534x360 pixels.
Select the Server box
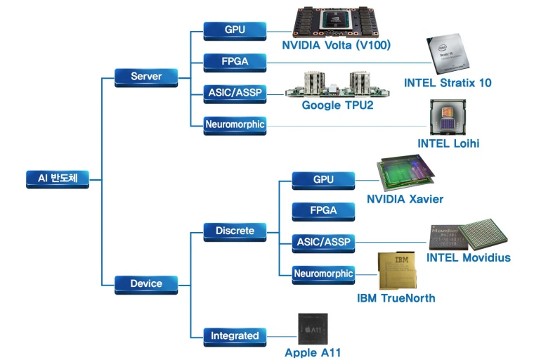click(146, 76)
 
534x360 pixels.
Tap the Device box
click(146, 284)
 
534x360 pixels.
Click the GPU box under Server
click(235, 30)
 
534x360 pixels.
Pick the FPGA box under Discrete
click(323, 210)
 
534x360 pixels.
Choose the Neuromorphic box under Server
click(235, 125)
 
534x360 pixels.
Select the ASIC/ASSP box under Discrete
click(323, 242)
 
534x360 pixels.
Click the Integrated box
click(235, 336)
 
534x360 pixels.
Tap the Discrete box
click(235, 230)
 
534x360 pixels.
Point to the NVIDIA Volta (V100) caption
click(336, 46)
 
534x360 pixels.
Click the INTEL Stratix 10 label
click(448, 83)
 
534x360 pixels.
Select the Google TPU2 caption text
click(337, 105)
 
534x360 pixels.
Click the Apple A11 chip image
click(313, 328)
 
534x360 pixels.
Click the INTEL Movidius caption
click(469, 257)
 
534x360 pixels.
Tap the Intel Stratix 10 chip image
click(448, 56)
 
